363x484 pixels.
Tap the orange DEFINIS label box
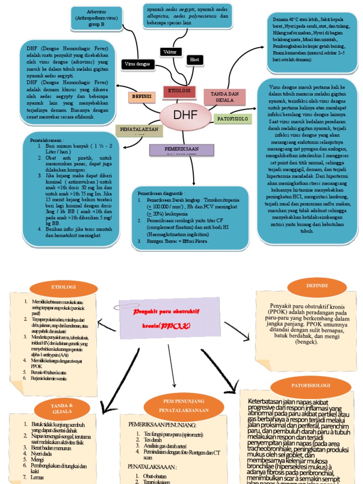141,96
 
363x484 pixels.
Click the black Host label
194,60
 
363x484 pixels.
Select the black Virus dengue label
138,64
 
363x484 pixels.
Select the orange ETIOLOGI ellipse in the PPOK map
63,287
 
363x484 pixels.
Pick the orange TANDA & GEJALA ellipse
62,408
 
